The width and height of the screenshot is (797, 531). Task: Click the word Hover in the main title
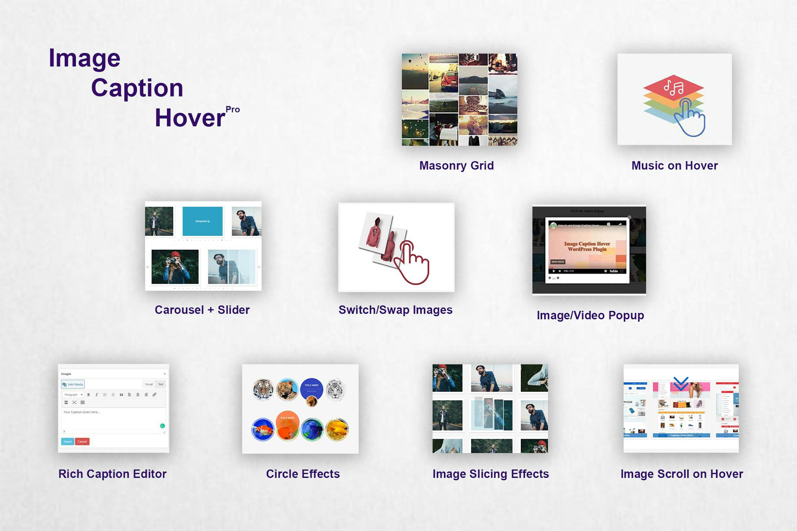tap(190, 118)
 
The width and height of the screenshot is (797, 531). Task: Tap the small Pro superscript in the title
tap(233, 109)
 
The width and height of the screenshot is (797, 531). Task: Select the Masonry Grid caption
tap(456, 166)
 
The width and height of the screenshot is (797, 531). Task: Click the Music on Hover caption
tap(674, 166)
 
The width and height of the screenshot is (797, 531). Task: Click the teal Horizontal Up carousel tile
tap(202, 221)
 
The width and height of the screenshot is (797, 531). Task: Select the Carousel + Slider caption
tap(202, 310)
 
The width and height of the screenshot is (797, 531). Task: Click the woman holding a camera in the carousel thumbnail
tap(175, 266)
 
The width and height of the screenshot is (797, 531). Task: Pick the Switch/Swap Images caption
tap(395, 310)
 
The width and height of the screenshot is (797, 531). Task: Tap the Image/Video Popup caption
tap(590, 315)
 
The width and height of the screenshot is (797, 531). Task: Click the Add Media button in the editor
tap(73, 384)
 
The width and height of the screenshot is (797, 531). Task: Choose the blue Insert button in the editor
tap(67, 442)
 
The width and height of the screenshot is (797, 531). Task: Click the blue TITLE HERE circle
tap(312, 388)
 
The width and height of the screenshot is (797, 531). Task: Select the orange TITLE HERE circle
tap(287, 423)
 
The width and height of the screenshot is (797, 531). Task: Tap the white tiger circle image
tap(336, 390)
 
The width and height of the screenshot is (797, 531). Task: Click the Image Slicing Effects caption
tap(490, 474)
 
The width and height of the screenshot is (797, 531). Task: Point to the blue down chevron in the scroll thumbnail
tap(681, 383)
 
